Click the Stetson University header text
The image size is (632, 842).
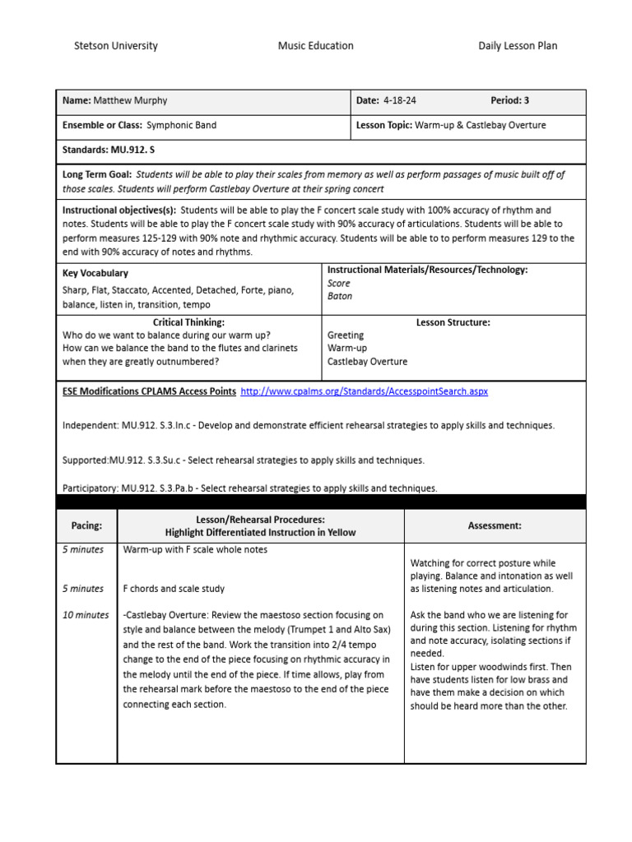click(x=116, y=46)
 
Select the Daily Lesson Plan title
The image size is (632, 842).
click(x=518, y=46)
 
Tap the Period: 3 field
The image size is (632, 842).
click(x=509, y=101)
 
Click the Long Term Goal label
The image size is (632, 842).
click(x=97, y=175)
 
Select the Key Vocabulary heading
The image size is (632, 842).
click(x=95, y=273)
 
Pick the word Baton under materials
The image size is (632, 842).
click(x=339, y=296)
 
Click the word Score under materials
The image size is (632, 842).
click(x=338, y=283)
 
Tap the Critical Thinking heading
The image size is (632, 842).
click(x=188, y=322)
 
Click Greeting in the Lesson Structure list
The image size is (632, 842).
click(x=345, y=335)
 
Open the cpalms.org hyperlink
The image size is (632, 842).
click(x=364, y=391)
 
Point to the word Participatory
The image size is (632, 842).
click(x=90, y=488)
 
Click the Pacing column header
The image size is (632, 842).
click(x=87, y=525)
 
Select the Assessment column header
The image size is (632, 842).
click(x=495, y=525)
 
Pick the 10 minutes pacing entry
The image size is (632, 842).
click(x=86, y=615)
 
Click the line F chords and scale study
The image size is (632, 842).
click(x=174, y=589)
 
